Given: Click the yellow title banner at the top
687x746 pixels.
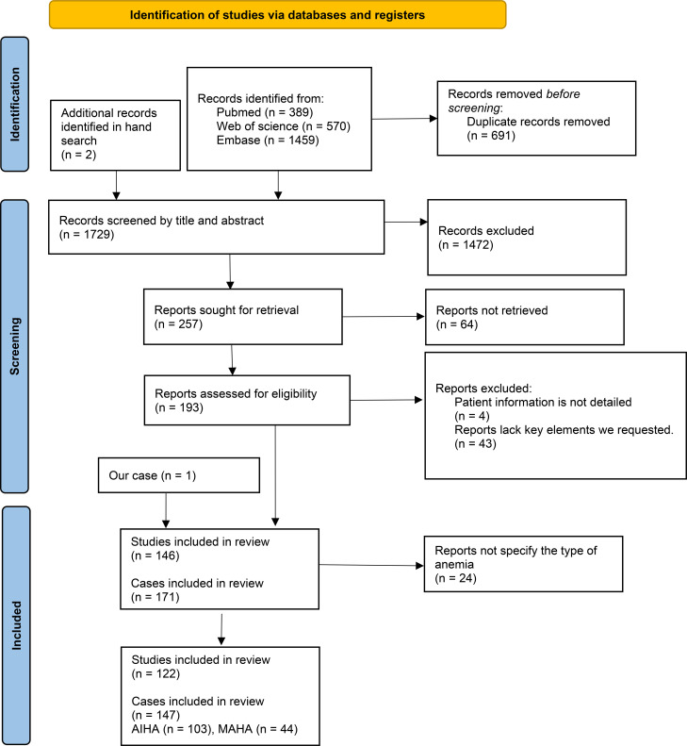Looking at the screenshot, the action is pyautogui.click(x=278, y=15).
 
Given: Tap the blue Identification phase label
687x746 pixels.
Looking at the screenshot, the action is pyautogui.click(x=15, y=104).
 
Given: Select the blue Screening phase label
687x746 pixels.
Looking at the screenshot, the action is pyautogui.click(x=15, y=346).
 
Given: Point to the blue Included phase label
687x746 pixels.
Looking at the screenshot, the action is pyautogui.click(x=16, y=625).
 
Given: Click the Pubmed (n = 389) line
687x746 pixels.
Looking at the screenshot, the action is pyautogui.click(x=265, y=112).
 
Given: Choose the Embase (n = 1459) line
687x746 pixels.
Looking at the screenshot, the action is pyautogui.click(x=268, y=140).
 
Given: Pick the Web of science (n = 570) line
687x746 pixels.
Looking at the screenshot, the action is pyautogui.click(x=284, y=126).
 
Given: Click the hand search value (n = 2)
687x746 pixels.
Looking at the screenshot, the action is pyautogui.click(x=78, y=155).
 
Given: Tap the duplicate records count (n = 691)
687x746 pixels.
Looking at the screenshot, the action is pyautogui.click(x=491, y=136).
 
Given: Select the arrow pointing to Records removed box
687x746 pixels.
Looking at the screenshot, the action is pyautogui.click(x=404, y=119).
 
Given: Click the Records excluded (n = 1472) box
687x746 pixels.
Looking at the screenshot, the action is pyautogui.click(x=527, y=238).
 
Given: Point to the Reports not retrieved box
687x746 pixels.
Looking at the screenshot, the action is pyautogui.click(x=525, y=317).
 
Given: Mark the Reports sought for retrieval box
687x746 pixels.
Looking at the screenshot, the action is pyautogui.click(x=243, y=316).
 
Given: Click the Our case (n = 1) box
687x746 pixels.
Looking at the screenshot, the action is pyautogui.click(x=179, y=475).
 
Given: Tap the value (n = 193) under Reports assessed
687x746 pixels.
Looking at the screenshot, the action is pyautogui.click(x=179, y=407).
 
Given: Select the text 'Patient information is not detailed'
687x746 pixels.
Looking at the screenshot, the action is pyautogui.click(x=543, y=402).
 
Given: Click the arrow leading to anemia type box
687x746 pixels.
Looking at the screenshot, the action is pyautogui.click(x=371, y=565).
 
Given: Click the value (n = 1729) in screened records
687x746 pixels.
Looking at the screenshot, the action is pyautogui.click(x=87, y=235).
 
